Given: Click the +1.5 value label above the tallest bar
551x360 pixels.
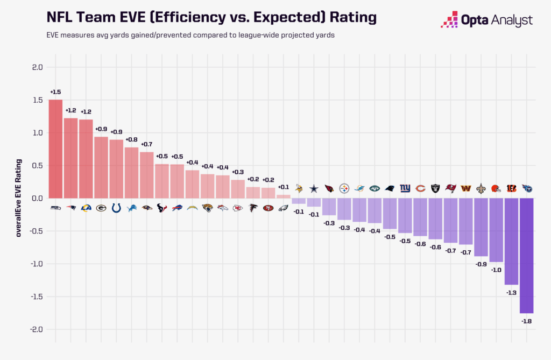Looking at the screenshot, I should click(x=55, y=92).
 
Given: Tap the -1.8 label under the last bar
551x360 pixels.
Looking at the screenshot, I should click(x=526, y=321).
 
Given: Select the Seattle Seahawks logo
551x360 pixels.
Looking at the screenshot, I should click(x=55, y=208).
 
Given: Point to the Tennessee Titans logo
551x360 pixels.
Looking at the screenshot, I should click(x=527, y=188).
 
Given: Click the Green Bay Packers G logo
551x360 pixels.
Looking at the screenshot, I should click(x=101, y=208).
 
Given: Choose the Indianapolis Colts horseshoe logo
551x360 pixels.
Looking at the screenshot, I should click(x=116, y=208).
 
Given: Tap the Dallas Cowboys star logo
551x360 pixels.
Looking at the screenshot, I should click(x=314, y=188).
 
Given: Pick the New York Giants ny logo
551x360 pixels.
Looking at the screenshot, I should click(x=405, y=188).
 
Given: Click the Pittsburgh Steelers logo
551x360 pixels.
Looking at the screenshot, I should click(x=344, y=188).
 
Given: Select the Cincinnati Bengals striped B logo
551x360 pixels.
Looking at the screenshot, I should click(x=511, y=188).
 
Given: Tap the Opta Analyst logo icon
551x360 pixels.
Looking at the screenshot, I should click(x=449, y=20).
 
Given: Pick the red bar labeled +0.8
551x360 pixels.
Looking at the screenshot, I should click(x=131, y=172).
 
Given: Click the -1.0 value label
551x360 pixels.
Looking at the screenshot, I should click(x=496, y=270).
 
